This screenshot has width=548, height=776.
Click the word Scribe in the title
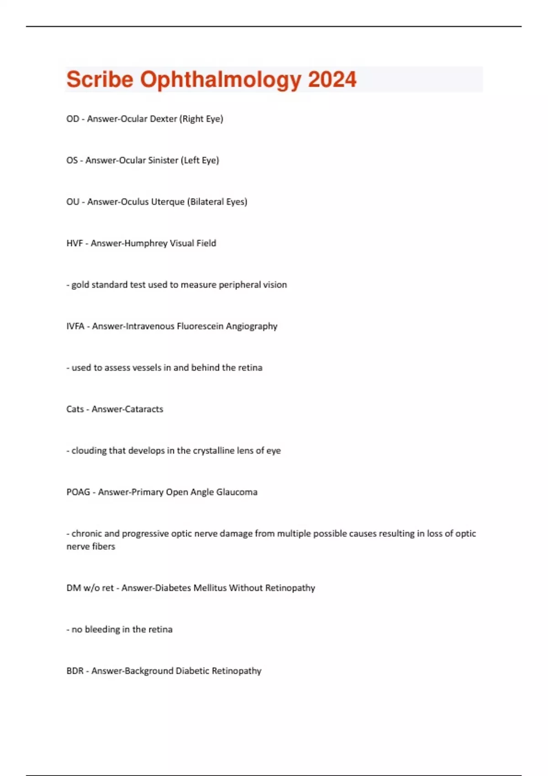tap(100, 80)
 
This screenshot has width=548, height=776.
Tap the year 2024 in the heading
tap(332, 80)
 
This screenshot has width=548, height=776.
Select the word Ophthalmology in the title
tap(221, 80)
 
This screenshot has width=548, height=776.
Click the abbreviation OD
tap(73, 119)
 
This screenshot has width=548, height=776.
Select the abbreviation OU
tap(73, 202)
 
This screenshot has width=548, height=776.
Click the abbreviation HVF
tap(74, 243)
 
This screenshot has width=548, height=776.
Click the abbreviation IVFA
tap(75, 326)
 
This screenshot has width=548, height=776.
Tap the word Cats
tap(75, 409)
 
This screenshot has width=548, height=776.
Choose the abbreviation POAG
tap(78, 493)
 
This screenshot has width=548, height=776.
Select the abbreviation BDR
tap(75, 671)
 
